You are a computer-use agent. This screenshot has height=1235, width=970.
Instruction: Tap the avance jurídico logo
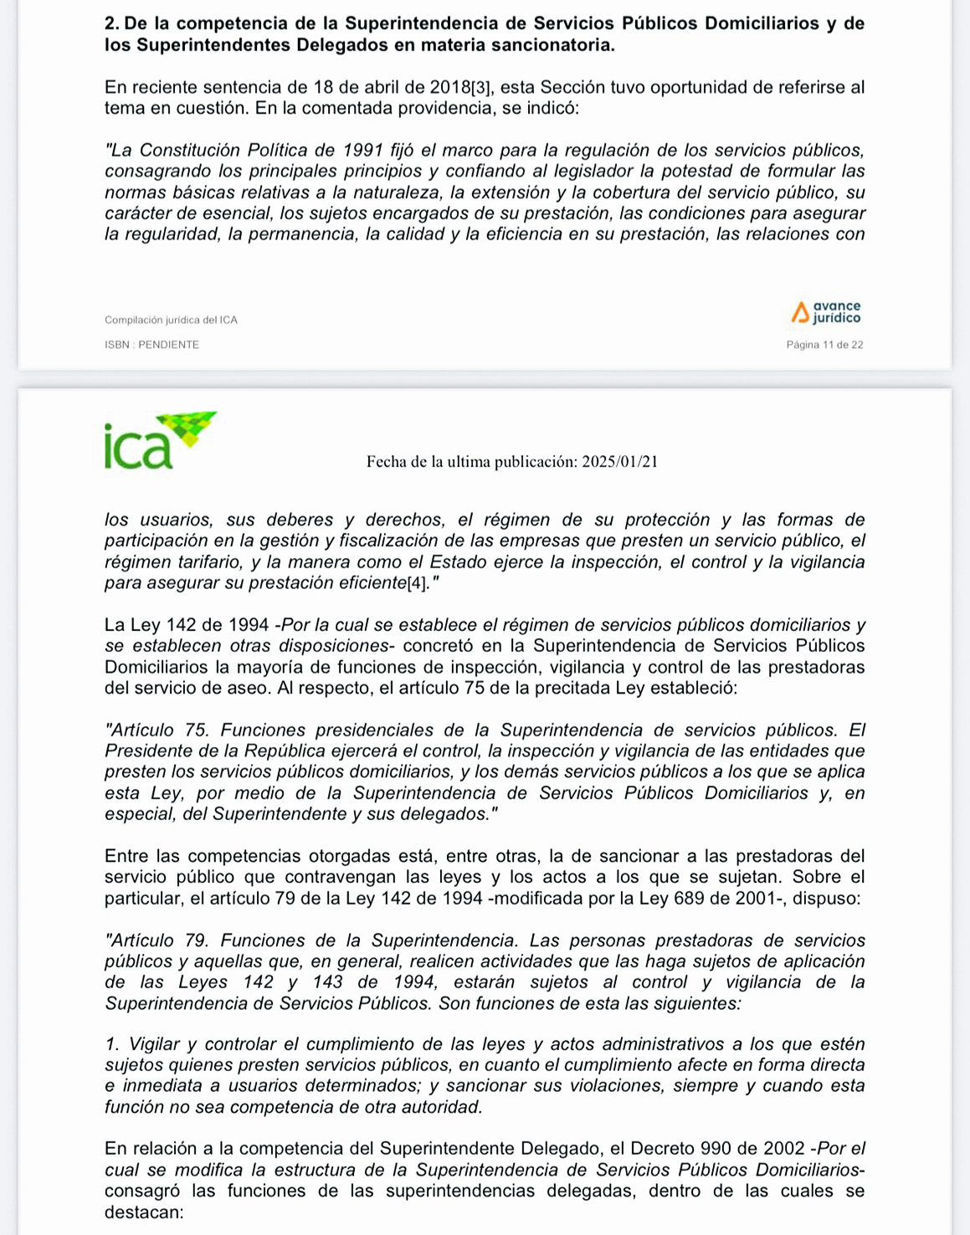826,313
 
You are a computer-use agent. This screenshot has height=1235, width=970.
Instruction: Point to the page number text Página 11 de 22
824,345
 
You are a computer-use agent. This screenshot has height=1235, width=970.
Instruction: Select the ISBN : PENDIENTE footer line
151,345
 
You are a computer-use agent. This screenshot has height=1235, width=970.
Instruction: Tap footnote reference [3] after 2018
483,88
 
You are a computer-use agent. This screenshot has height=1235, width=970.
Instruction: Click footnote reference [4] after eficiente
416,583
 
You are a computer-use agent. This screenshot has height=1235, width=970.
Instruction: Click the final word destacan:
144,1212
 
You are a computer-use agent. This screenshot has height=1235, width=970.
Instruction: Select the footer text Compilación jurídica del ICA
171,320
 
